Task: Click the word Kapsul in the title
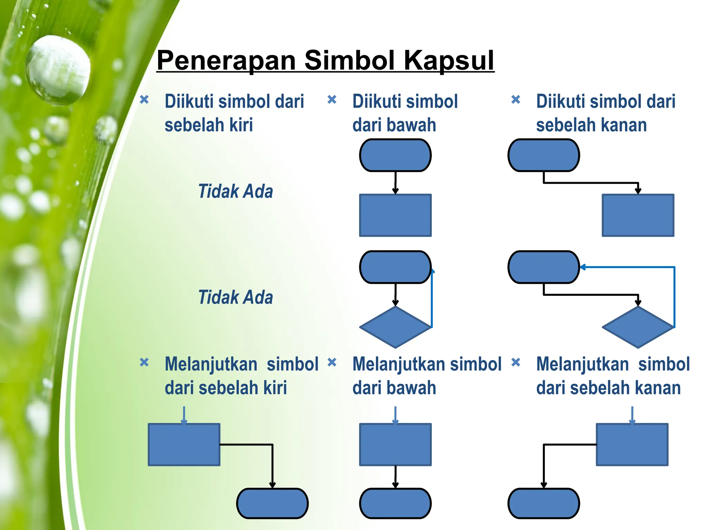point(449,60)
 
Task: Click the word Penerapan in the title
point(226,60)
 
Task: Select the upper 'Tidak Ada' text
point(235,191)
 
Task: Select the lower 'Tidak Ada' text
point(235,297)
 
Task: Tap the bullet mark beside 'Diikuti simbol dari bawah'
point(332,100)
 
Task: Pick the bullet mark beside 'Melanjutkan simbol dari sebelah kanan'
point(515,362)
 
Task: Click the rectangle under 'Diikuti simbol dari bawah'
point(395,215)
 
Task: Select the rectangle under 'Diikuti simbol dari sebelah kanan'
point(638,215)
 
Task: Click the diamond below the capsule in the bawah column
point(395,327)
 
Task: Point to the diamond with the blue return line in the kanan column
point(638,327)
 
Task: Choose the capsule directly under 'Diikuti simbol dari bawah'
point(395,155)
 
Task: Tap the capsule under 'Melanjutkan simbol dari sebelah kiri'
point(272,503)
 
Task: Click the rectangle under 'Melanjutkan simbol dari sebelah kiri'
point(184,444)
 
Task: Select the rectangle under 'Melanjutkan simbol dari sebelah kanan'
point(632,444)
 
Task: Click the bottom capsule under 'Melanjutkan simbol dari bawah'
point(395,503)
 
